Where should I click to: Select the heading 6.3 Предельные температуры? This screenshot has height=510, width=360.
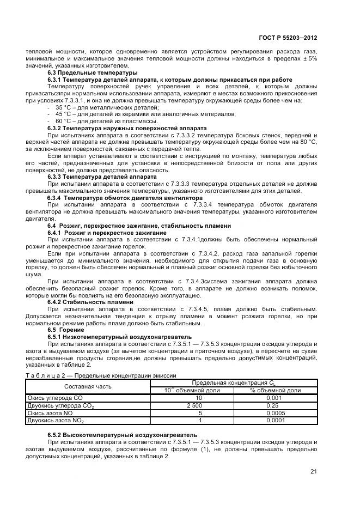tap(92, 72)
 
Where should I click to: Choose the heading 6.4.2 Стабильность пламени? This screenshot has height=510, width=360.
tap(90, 302)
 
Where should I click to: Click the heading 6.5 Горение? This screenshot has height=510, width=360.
tap(66, 330)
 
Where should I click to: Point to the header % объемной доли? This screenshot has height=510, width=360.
tap(275, 390)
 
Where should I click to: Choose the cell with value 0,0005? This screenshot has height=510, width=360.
tap(275, 413)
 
